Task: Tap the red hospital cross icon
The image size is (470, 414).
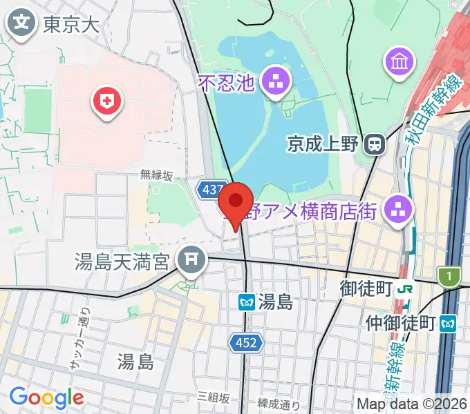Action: click(107, 103)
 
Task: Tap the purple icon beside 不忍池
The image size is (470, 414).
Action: click(278, 83)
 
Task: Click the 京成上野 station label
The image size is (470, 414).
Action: click(322, 144)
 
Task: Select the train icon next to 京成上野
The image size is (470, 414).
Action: click(375, 144)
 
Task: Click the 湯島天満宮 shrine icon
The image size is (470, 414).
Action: click(190, 261)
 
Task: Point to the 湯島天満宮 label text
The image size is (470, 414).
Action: click(124, 262)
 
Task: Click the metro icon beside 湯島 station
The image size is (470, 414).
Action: click(245, 302)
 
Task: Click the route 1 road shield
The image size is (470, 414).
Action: click(449, 276)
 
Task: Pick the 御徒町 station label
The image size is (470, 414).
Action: click(366, 288)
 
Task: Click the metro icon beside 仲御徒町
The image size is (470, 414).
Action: click(450, 322)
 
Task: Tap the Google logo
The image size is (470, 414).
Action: click(46, 397)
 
